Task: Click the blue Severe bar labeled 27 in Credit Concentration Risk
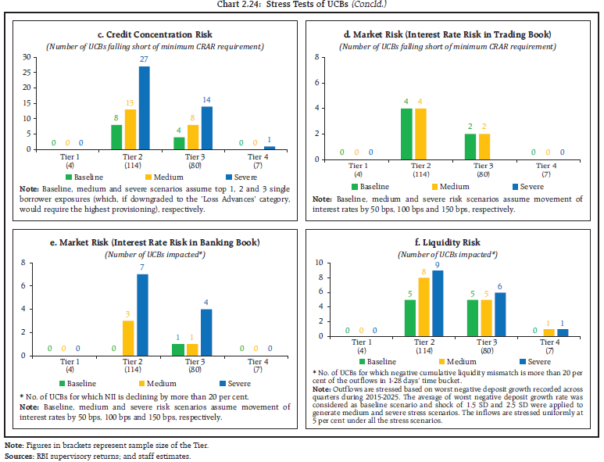click(144, 108)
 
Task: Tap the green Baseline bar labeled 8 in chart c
click(116, 137)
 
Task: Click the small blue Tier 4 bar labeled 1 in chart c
click(270, 147)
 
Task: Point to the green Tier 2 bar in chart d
click(407, 134)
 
